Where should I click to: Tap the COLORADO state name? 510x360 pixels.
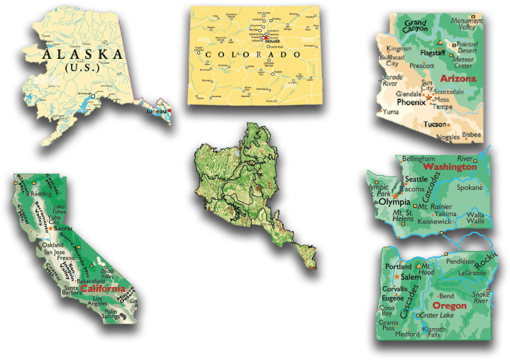tap(248, 55)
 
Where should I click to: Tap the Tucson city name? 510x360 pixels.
tap(436, 124)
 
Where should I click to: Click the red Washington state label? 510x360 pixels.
tap(450, 167)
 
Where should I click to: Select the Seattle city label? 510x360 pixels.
tap(416, 179)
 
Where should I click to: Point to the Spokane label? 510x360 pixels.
tap(469, 188)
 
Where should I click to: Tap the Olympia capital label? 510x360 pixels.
tap(395, 202)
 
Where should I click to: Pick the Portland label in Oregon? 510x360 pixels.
tap(398, 266)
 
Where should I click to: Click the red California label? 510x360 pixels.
tap(103, 289)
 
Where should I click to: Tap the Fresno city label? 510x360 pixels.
tap(67, 259)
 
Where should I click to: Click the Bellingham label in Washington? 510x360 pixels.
tap(418, 158)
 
